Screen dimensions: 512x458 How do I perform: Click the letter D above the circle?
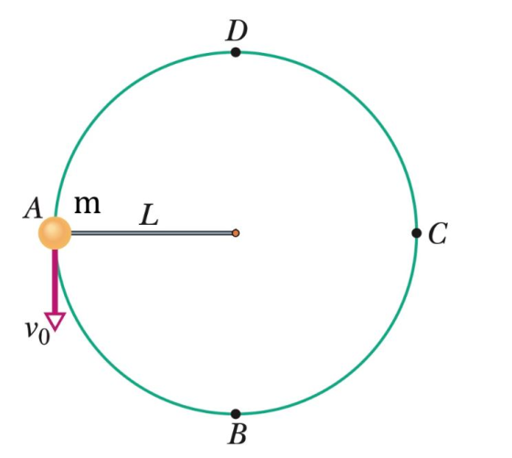pyautogui.click(x=237, y=31)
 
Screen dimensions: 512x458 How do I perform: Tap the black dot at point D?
pyautogui.click(x=236, y=52)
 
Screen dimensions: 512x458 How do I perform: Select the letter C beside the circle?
pyautogui.click(x=438, y=233)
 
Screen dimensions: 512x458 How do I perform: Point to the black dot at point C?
pyautogui.click(x=416, y=233)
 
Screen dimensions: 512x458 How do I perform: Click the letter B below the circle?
pyautogui.click(x=237, y=434)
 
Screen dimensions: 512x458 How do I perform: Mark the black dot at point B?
pyautogui.click(x=236, y=414)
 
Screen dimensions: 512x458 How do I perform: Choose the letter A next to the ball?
pyautogui.click(x=33, y=208)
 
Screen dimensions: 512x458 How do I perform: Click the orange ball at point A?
pyautogui.click(x=55, y=233)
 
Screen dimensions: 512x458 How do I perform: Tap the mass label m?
pyautogui.click(x=88, y=205)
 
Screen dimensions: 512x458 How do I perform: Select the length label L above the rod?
pyautogui.click(x=148, y=215)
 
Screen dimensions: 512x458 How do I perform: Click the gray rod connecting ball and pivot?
pyautogui.click(x=152, y=233)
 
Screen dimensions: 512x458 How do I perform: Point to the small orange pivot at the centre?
pyautogui.click(x=236, y=233)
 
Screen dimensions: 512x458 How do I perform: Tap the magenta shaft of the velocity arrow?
pyautogui.click(x=55, y=281)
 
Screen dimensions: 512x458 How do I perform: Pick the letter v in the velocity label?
pyautogui.click(x=32, y=329)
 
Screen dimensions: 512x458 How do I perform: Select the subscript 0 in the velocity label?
pyautogui.click(x=44, y=337)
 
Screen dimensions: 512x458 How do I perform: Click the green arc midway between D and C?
pyautogui.click(x=364, y=105)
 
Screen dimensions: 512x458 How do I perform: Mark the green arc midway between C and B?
pyautogui.click(x=364, y=361)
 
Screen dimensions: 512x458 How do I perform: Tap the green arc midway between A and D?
pyautogui.click(x=108, y=105)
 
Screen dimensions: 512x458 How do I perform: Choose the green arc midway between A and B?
pyautogui.click(x=108, y=361)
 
